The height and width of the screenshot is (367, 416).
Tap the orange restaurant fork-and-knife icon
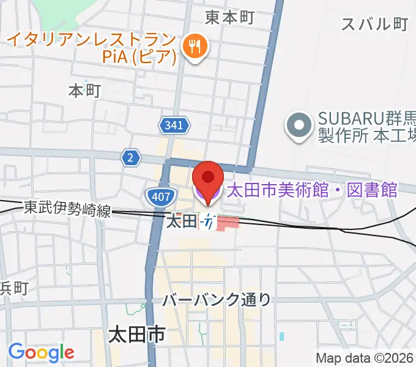point(196,46)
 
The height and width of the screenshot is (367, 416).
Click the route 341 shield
point(173,127)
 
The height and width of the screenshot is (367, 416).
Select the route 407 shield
point(161,196)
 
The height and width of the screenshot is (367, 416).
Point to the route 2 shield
point(130,158)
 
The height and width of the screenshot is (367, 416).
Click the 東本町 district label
point(229,17)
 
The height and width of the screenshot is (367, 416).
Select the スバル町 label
point(374,24)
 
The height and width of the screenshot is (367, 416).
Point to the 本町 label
point(84,91)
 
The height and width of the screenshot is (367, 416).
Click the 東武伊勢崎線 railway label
point(67,209)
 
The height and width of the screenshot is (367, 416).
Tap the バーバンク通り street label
point(217,300)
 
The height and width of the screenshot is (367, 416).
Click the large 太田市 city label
point(136,335)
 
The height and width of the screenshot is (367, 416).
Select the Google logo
point(41,352)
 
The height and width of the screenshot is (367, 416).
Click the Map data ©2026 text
point(365,358)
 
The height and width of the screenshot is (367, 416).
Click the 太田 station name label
point(182,221)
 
